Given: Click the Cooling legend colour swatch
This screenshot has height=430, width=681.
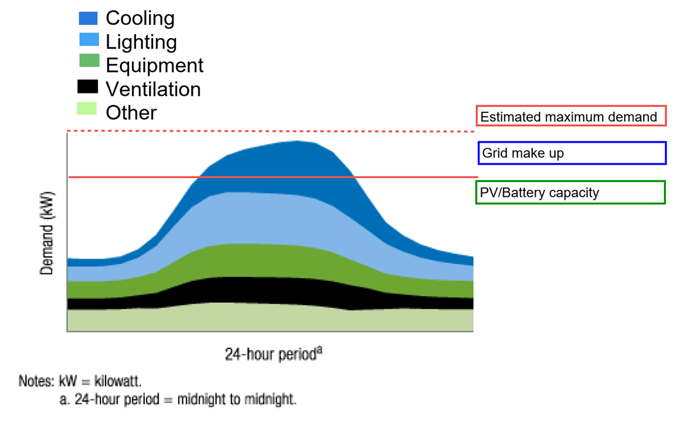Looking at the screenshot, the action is [88, 18].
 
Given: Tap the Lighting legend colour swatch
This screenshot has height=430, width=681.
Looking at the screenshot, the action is [89, 39].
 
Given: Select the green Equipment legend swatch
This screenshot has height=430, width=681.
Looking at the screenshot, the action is [90, 60].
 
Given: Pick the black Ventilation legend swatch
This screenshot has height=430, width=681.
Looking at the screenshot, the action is [87, 86].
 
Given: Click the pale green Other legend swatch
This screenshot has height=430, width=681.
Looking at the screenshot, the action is [87, 108].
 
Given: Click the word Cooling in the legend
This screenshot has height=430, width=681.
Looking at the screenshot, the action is [140, 19].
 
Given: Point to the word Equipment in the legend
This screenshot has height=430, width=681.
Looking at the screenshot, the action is [154, 66].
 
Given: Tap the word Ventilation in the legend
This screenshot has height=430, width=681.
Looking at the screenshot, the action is [153, 89].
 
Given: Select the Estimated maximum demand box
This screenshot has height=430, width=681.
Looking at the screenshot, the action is [571, 116].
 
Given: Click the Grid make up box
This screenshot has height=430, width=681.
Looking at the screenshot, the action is [572, 153].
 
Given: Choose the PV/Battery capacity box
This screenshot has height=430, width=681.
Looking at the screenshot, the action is [570, 193].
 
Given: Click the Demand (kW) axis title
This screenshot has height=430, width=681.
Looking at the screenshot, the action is [46, 233].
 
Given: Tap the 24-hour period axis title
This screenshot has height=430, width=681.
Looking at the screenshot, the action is [273, 354].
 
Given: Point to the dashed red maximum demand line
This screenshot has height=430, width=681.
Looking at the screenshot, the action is [271, 131].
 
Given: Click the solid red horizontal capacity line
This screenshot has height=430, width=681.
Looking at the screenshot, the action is [273, 177].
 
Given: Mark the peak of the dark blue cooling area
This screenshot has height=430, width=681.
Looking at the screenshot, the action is [297, 141].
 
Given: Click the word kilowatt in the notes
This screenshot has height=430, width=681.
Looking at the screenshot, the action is [118, 381].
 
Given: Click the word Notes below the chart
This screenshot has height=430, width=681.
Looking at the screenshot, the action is [36, 381].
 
